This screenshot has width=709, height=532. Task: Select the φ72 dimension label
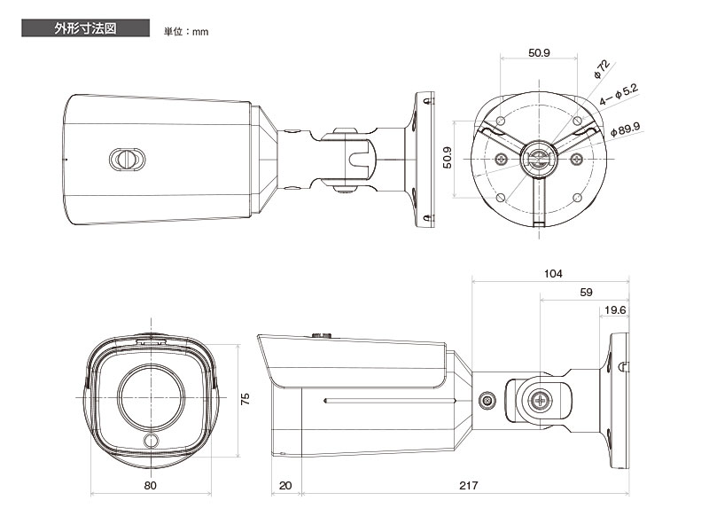point(602,69)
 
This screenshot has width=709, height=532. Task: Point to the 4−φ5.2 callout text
point(619,95)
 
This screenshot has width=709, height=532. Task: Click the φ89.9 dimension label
point(626,130)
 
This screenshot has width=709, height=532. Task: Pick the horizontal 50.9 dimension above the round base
point(539,53)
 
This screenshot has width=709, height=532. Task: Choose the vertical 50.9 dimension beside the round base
point(448,158)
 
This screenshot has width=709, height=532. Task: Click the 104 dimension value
point(553,274)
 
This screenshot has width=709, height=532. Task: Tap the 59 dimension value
point(585,292)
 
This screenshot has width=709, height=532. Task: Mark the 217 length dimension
point(469,486)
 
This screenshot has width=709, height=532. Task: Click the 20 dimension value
point(284,486)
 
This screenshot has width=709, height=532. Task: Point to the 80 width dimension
point(150,486)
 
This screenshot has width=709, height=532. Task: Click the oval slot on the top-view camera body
point(125,159)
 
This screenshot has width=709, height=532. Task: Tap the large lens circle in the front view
point(152,395)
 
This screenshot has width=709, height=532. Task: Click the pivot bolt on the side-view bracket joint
point(538,400)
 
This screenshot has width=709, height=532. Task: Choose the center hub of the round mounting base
point(539,159)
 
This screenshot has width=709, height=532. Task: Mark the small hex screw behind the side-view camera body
point(487,400)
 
